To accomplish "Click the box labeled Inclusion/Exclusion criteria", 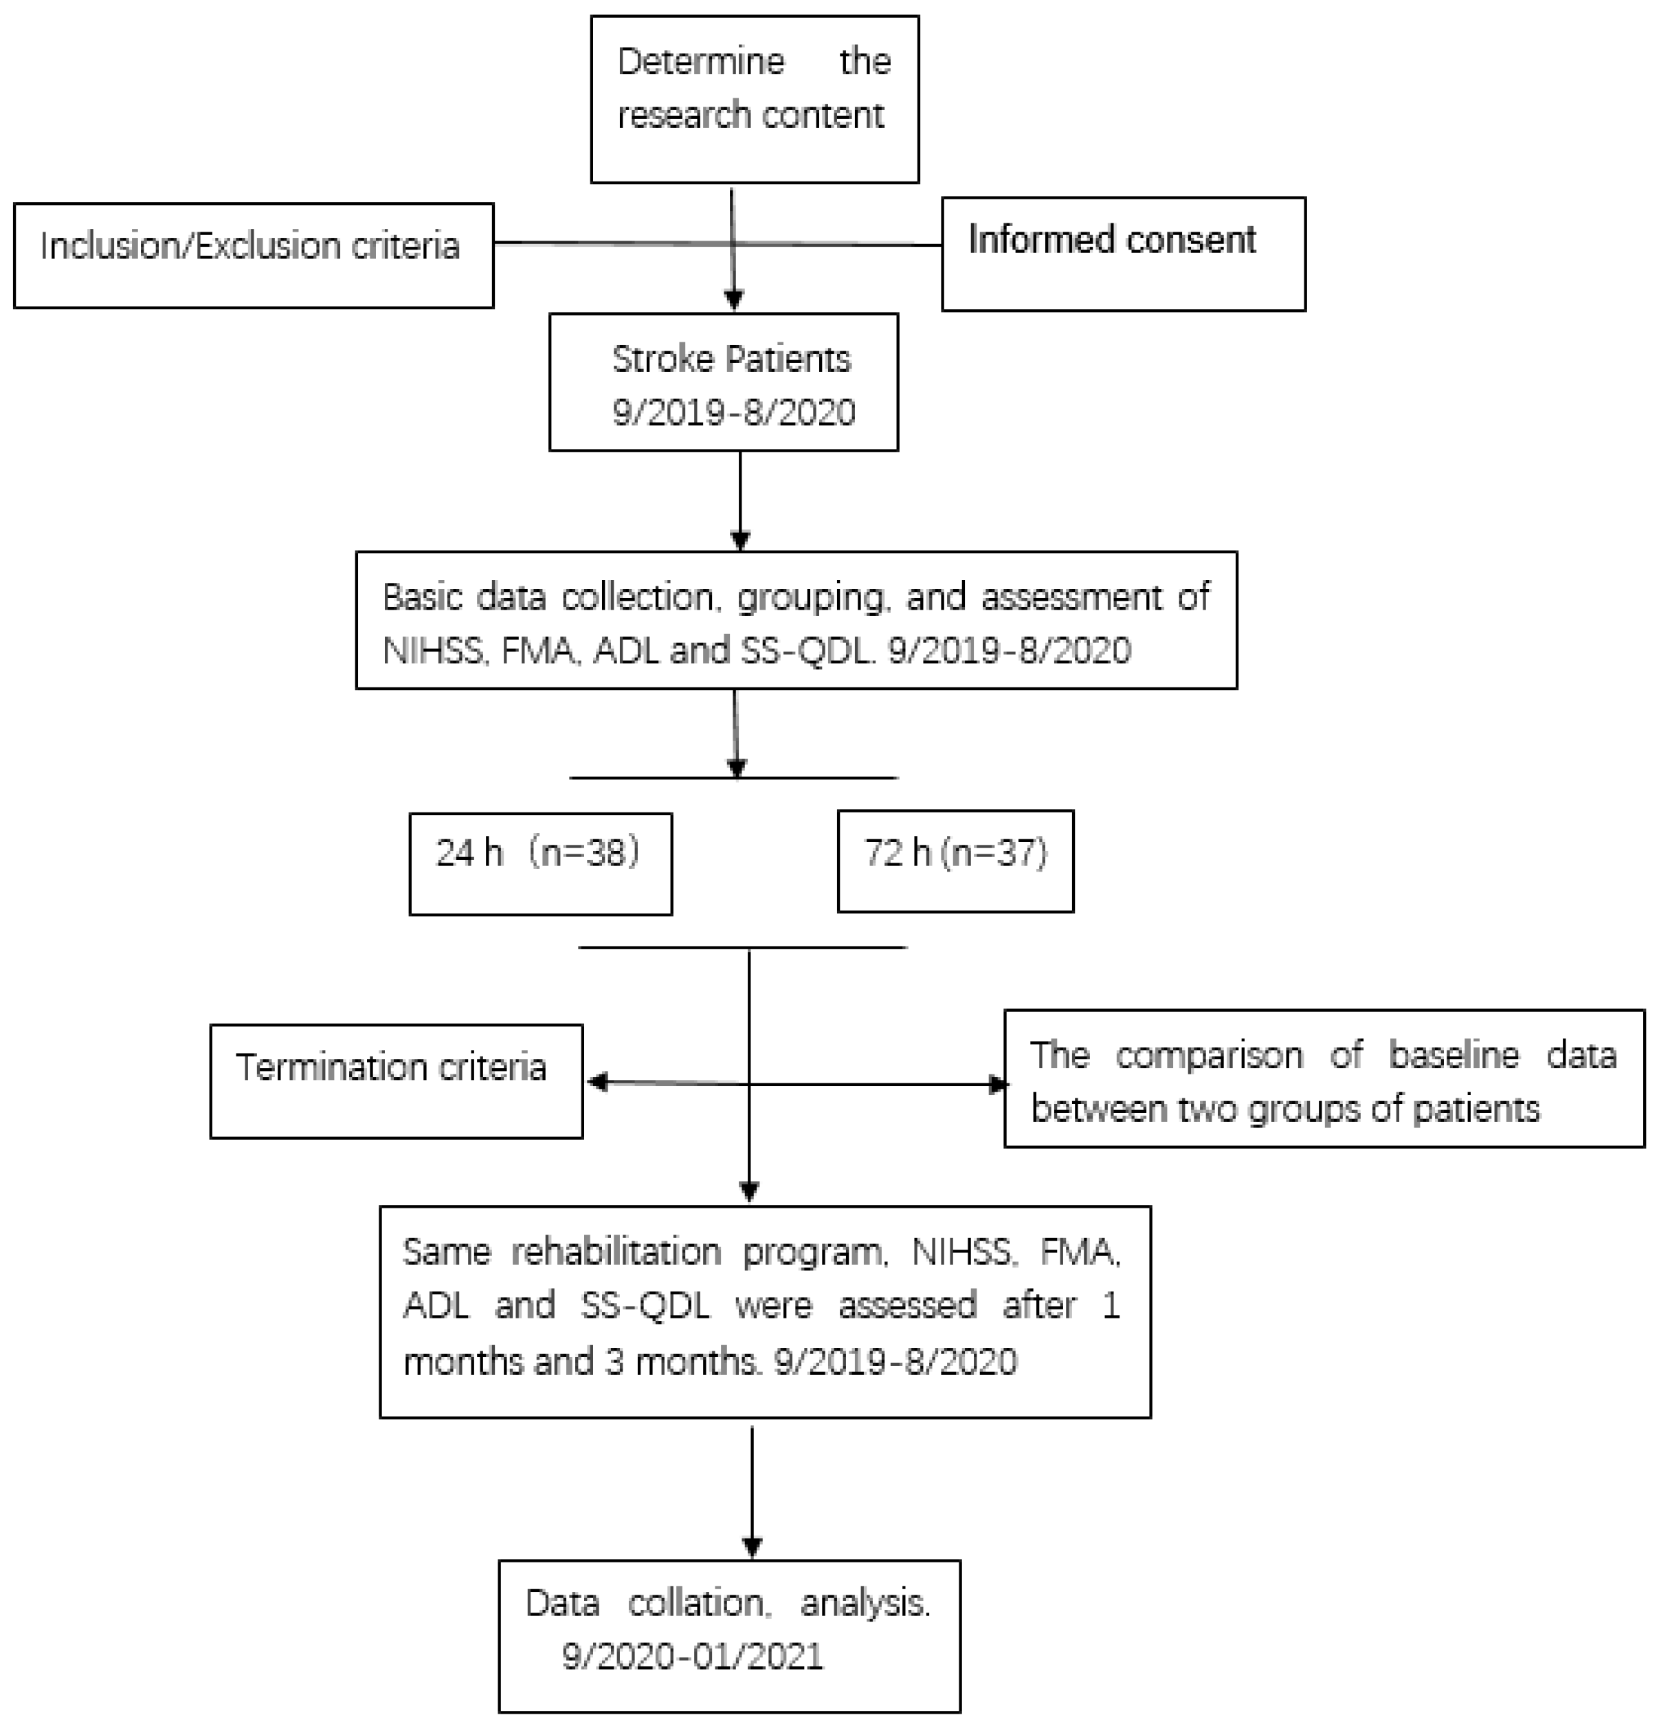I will point(253,256).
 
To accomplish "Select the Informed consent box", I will point(1123,254).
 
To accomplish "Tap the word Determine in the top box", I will point(701,62).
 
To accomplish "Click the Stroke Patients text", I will point(731,359).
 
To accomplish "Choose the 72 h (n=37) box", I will point(955,861).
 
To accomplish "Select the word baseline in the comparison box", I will point(1453,1055).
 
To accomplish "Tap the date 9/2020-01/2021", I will point(692,1657).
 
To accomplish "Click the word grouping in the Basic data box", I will point(810,597).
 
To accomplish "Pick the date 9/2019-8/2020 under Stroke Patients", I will point(733,412).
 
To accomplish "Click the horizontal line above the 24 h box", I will point(652,777).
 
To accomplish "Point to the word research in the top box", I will point(669,115).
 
